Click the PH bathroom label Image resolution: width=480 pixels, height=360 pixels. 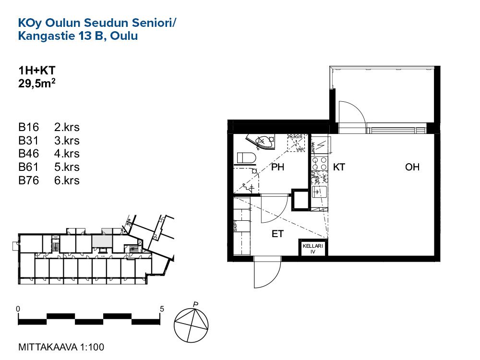click(x=278, y=168)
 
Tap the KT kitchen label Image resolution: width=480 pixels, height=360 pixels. click(x=339, y=168)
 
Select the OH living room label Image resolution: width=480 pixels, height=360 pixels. click(x=412, y=168)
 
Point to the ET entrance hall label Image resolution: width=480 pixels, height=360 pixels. click(x=278, y=234)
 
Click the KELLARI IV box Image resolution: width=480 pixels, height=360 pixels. click(x=313, y=248)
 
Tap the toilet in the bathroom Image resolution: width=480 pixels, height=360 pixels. click(x=246, y=157)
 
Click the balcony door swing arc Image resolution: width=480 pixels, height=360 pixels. click(x=352, y=113)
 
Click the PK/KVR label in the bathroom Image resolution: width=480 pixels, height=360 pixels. click(x=295, y=137)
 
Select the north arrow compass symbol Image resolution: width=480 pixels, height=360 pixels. click(x=192, y=323)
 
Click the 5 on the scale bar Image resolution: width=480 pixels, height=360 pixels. click(x=162, y=309)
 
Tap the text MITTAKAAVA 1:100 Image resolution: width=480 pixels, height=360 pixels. click(x=61, y=347)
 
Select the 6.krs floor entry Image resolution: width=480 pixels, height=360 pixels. click(x=67, y=181)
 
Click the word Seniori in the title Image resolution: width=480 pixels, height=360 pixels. click(x=153, y=23)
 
